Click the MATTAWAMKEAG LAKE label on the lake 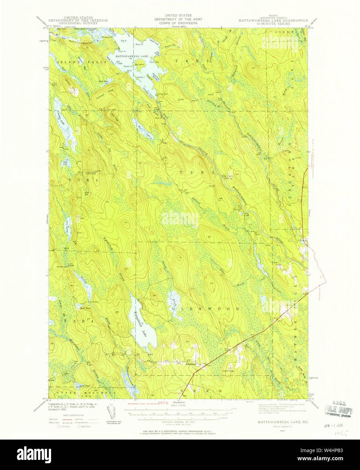132,56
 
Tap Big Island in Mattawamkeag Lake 138,64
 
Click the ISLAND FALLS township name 73,62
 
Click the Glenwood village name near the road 191,364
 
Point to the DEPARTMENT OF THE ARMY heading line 178,19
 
